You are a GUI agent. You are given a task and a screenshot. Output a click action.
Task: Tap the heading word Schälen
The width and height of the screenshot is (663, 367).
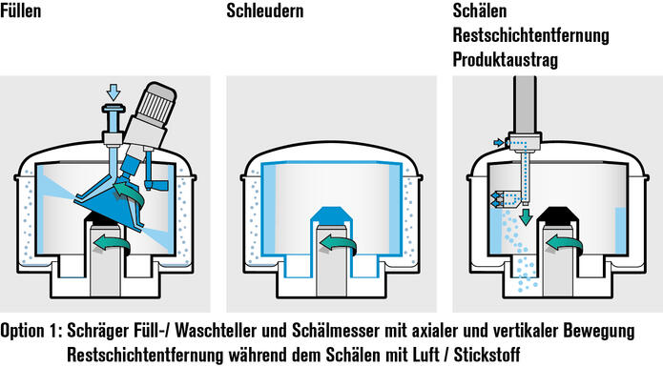point(481,13)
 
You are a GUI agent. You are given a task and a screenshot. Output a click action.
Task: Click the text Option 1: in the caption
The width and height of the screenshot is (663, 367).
point(31,332)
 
